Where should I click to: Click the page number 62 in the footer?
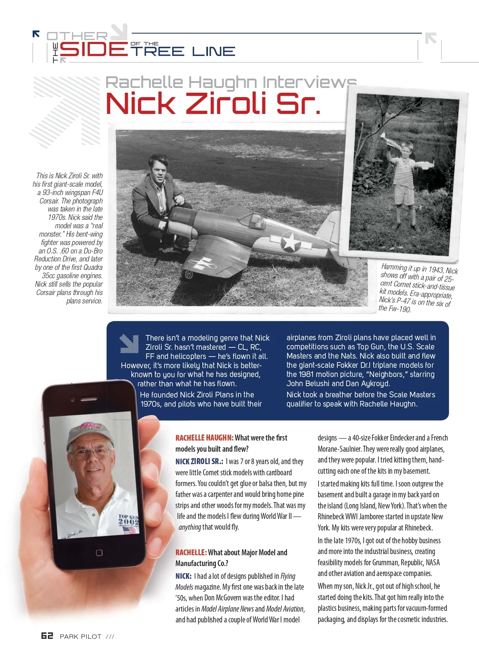47,636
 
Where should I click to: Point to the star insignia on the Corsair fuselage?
291,241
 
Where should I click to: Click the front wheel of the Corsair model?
187,275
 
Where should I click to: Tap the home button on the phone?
99,552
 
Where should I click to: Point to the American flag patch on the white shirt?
129,530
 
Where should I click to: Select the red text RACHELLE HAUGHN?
204,438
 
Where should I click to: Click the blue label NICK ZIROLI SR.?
199,461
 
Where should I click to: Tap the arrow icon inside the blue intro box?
129,344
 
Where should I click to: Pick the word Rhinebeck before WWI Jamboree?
331,516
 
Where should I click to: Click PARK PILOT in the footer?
80,636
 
